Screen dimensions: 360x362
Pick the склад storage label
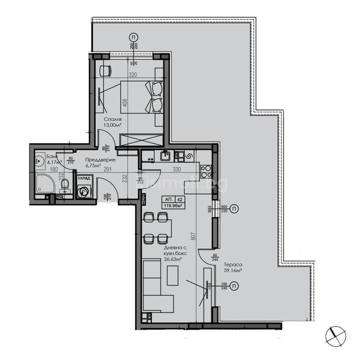point(83,178)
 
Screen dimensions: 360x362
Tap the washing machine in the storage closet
point(83,191)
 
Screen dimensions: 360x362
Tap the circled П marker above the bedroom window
point(134,38)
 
